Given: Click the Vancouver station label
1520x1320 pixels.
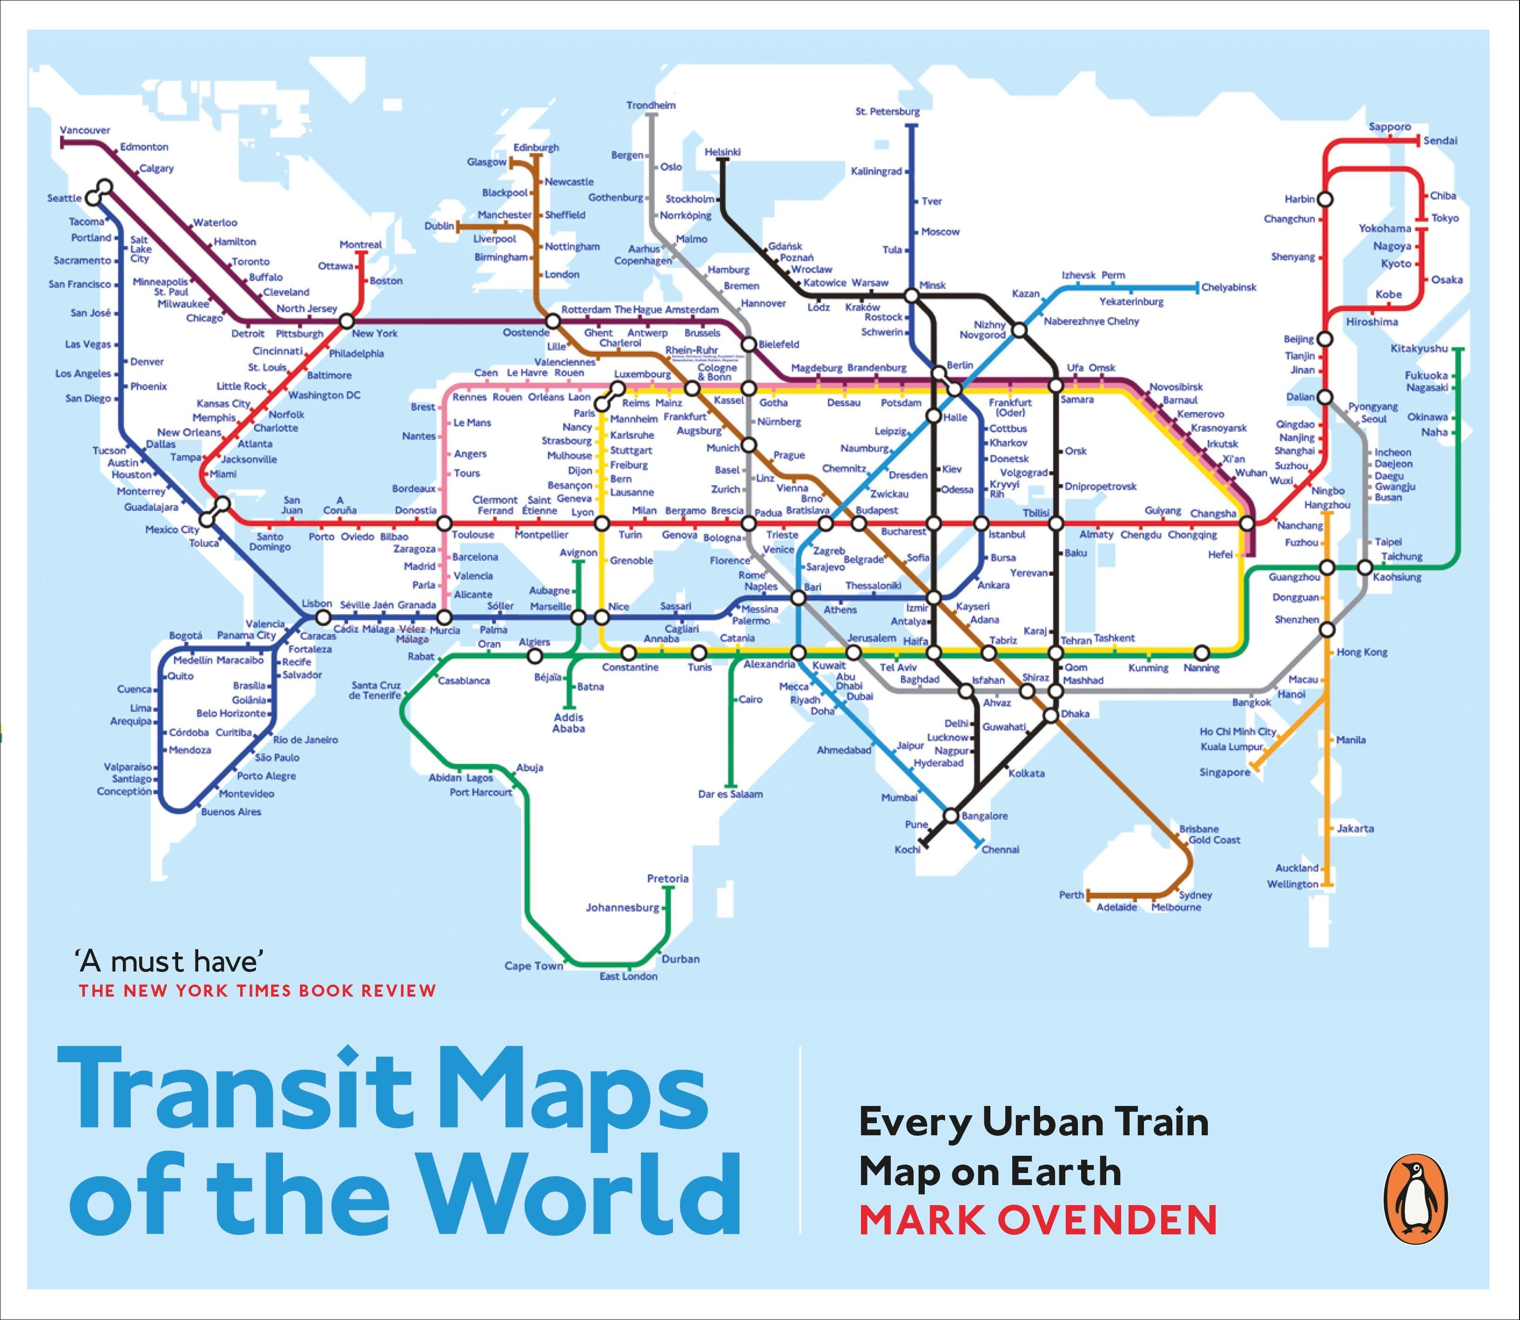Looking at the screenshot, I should click(x=85, y=130).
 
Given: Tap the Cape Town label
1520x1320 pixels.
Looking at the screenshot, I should click(x=533, y=966).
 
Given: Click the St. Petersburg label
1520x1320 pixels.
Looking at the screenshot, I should click(x=887, y=112).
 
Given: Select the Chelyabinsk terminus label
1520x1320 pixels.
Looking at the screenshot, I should click(x=1228, y=287).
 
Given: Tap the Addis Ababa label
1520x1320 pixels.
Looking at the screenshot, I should click(x=568, y=723).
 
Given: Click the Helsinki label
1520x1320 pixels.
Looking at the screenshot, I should click(x=722, y=152).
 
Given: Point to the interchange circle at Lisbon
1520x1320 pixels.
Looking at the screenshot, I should click(x=323, y=617).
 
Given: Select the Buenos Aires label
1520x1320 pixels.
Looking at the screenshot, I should click(x=231, y=812).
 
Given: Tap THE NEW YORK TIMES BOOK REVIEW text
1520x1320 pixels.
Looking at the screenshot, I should click(x=257, y=991).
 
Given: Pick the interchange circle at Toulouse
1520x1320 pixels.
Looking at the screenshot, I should click(x=444, y=523).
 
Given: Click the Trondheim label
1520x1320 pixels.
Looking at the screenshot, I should click(x=651, y=105).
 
